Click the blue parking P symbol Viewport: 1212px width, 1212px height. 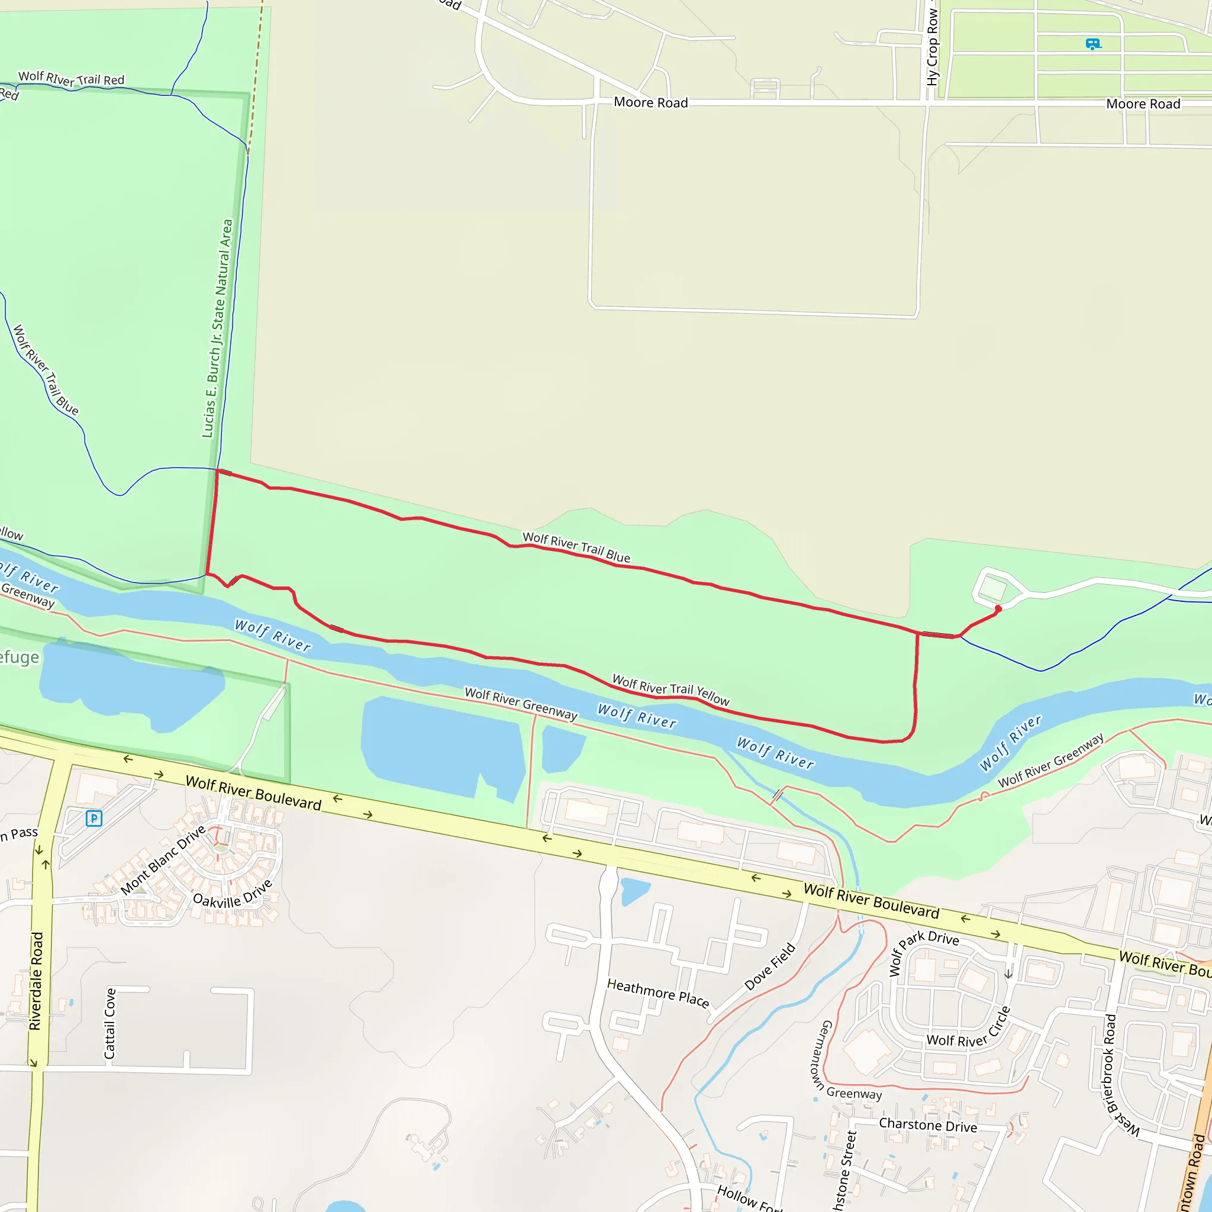pos(94,818)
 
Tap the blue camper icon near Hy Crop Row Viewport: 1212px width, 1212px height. pos(1093,44)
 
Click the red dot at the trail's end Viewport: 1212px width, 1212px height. pos(998,608)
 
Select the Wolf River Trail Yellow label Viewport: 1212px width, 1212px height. pos(671,689)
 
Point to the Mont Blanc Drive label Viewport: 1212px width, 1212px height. pos(163,860)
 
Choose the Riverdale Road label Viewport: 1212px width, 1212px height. pos(36,981)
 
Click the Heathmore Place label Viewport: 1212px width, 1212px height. pos(658,993)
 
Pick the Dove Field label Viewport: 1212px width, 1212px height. pos(770,967)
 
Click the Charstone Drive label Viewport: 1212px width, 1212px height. pos(928,1125)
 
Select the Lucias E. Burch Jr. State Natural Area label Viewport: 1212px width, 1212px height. pos(217,328)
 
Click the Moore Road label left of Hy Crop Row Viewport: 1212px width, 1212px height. pos(650,102)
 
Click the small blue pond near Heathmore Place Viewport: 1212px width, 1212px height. pos(634,891)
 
